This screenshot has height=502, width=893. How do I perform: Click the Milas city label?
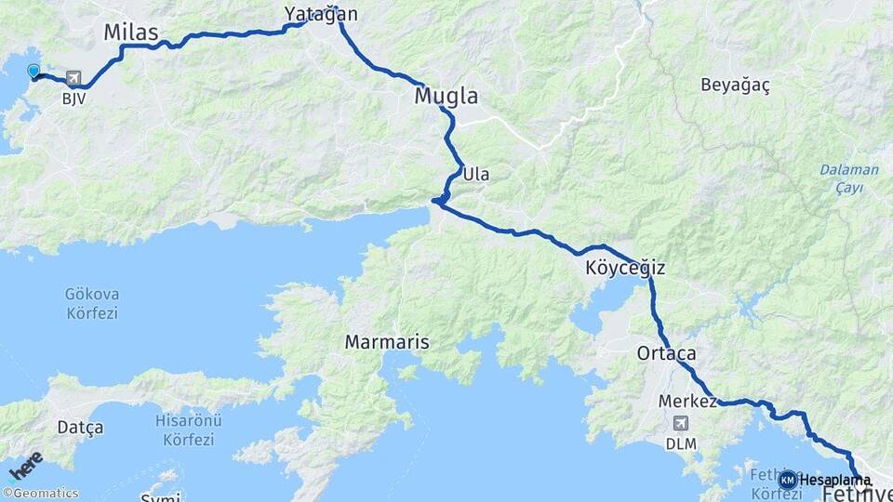coord(131,33)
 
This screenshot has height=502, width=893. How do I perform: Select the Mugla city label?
coord(446,96)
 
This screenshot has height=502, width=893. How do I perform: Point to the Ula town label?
coord(476,174)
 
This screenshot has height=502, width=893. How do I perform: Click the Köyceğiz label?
coord(625,269)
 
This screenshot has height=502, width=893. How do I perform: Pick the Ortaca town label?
coord(666,354)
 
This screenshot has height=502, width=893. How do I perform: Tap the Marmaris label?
coord(387,342)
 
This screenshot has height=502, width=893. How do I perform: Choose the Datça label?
coord(80,428)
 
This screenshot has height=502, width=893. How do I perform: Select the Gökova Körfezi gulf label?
coord(92,303)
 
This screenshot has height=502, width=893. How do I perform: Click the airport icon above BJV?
coord(73,80)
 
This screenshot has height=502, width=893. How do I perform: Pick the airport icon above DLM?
coord(680,425)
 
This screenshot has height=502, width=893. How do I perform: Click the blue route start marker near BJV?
coord(34,72)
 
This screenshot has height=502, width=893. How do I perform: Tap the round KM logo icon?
coord(788,480)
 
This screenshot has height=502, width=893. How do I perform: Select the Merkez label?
coord(687,402)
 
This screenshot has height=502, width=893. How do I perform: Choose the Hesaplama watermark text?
coord(835,480)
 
